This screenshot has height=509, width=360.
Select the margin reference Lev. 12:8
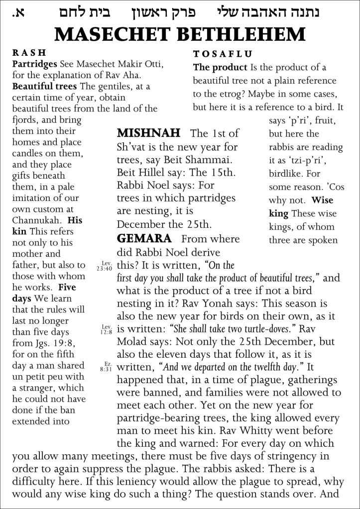(105, 329)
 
